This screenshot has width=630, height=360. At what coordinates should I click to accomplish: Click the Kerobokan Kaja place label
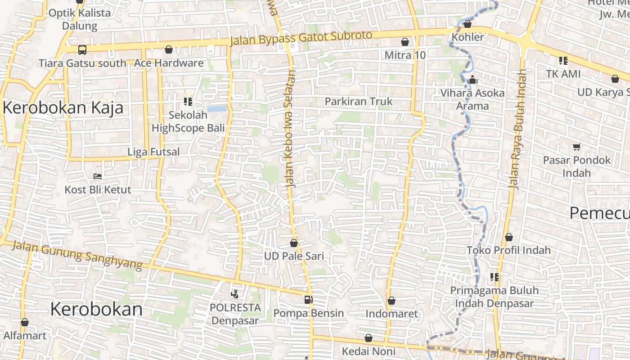pos(63,108)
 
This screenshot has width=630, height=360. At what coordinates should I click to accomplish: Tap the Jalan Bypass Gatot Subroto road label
pos(301,38)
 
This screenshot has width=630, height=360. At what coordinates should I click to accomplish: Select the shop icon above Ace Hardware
pos(169,49)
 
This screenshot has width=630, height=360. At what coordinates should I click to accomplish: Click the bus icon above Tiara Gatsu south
pos(82,49)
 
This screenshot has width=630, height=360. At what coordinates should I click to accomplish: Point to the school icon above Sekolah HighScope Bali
pos(188,102)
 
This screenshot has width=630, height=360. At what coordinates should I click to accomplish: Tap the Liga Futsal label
pos(153,152)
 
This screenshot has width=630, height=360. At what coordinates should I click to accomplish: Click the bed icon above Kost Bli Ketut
pos(98,176)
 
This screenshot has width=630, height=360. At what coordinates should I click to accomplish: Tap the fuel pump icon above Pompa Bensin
pos(308,300)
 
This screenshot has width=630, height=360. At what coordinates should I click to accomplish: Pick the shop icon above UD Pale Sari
pos(294,243)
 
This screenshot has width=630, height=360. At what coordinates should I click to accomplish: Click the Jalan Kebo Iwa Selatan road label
pos(291,128)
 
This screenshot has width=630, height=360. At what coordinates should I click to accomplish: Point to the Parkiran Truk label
pos(359,102)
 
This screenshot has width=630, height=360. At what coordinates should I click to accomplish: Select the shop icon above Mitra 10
pos(405,42)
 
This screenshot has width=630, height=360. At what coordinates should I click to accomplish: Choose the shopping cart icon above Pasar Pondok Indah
pos(576,147)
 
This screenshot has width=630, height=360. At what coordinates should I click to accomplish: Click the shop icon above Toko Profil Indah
pos(509,237)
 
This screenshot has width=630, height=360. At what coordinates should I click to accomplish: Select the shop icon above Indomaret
pos(391,300)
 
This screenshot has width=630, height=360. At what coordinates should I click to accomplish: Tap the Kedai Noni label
pos(369,351)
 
